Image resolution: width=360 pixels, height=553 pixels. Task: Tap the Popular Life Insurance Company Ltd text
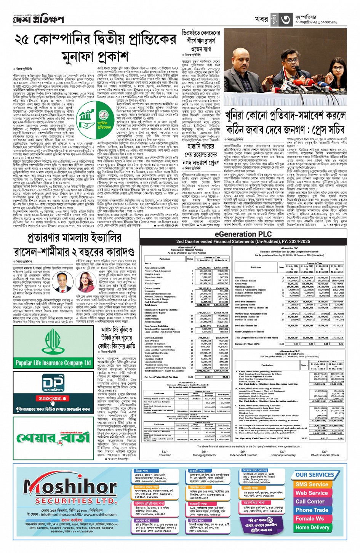53,363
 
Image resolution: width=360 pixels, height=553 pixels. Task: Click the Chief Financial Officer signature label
325,455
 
